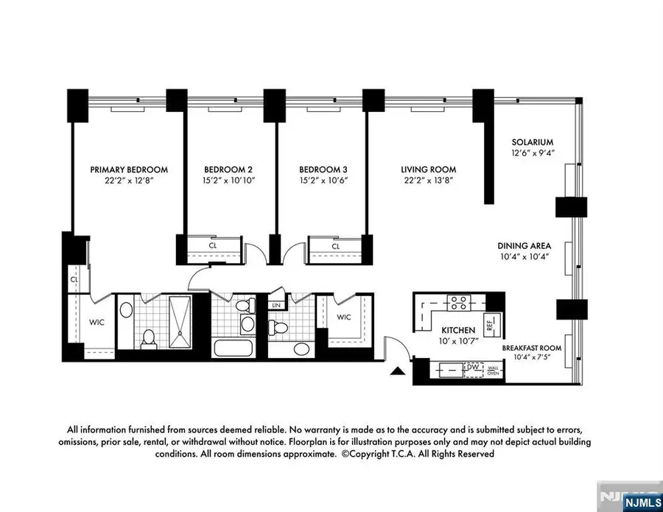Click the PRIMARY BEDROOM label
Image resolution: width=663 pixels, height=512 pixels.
coord(129,169)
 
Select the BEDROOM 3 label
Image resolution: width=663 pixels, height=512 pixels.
coord(321,169)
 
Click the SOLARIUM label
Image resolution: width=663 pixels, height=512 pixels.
coord(533,142)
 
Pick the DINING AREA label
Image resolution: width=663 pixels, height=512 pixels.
coord(525,246)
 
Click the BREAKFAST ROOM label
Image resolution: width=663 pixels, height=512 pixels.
coord(532,348)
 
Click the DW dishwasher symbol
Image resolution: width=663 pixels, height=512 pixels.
coord(471,367)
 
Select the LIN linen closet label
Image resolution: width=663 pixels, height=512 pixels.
coord(276,305)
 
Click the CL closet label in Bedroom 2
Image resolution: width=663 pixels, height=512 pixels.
coord(213,246)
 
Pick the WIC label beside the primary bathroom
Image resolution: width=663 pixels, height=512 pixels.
coord(97,322)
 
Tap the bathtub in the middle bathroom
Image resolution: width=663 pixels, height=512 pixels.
coord(232,347)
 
